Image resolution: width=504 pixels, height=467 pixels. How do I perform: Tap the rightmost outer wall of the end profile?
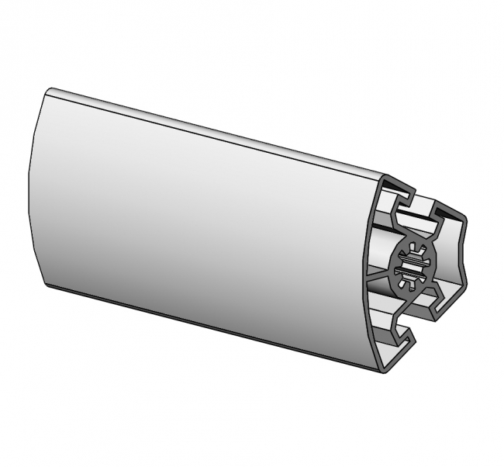click(465, 256)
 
